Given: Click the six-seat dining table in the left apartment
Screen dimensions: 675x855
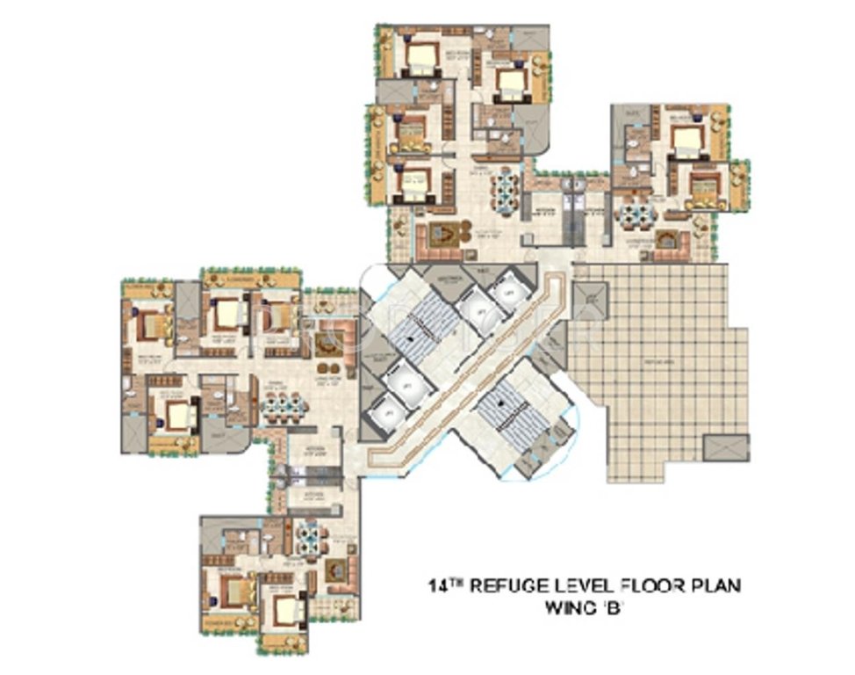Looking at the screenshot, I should pyautogui.click(x=284, y=405).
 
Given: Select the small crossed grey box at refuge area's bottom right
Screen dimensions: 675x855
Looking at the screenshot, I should pyautogui.click(x=725, y=446).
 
